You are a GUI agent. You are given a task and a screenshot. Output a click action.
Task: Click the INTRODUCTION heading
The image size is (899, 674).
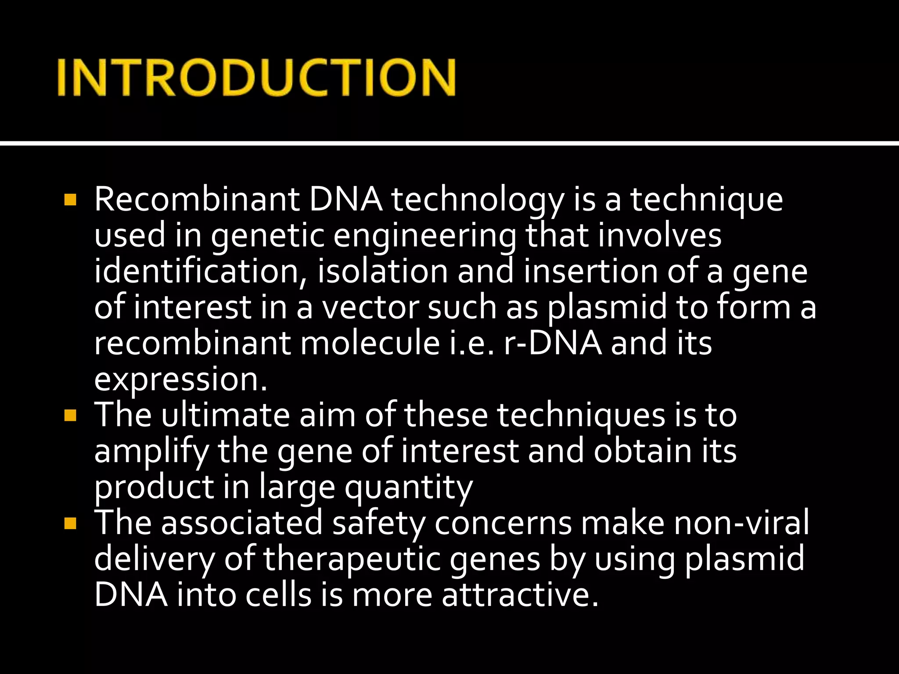257,78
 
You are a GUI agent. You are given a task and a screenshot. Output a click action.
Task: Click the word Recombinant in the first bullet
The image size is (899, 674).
197,200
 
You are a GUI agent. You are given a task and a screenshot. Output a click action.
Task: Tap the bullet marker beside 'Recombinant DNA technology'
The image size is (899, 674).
70,200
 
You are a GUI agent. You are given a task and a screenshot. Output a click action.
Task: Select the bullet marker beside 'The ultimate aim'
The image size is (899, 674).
70,415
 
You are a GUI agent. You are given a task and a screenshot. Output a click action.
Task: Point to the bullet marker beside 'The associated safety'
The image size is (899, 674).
70,523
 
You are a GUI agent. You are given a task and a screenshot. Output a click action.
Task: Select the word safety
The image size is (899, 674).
379,523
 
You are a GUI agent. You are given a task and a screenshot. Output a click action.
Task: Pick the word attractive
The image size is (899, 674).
520,595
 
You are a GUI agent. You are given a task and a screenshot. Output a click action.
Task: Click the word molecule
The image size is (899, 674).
370,343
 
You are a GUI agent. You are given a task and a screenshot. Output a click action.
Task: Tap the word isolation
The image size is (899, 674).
382,271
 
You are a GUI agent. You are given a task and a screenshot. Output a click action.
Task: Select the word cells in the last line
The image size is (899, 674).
277,595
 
